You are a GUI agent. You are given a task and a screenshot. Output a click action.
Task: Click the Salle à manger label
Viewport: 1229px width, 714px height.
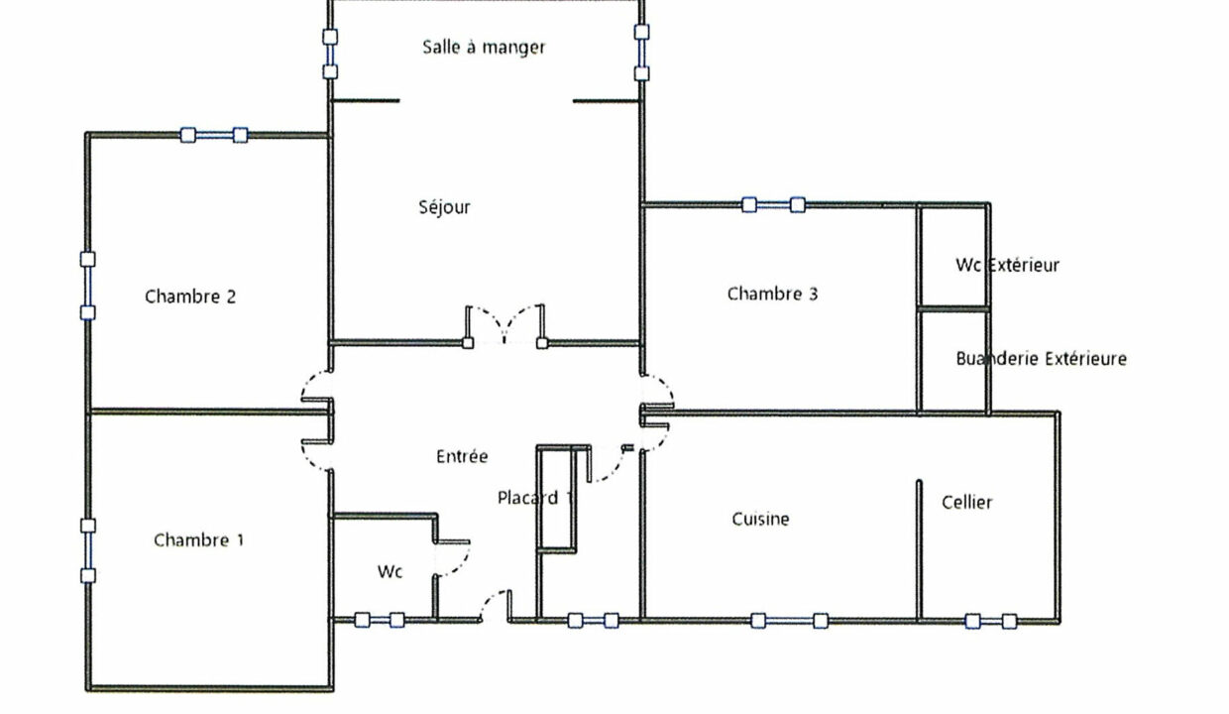[x=484, y=48]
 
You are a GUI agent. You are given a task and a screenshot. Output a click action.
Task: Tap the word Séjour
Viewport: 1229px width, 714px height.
[x=444, y=207]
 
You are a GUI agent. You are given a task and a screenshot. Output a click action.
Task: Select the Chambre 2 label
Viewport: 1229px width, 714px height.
[x=190, y=297]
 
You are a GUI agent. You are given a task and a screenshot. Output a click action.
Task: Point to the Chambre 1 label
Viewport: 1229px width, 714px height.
[x=198, y=540]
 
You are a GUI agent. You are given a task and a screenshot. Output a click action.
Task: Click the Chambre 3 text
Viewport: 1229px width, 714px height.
[x=772, y=294]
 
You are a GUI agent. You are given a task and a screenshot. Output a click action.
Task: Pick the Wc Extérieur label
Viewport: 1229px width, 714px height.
[x=1007, y=265]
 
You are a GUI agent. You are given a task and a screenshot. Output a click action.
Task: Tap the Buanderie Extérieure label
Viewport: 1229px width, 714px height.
[x=1042, y=358]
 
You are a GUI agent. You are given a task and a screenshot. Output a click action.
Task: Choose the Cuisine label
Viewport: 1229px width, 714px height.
[x=760, y=519]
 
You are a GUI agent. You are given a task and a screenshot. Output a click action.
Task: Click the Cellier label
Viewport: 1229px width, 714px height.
[x=966, y=502]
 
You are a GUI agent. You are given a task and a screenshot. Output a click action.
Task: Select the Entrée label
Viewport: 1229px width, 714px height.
[x=462, y=456]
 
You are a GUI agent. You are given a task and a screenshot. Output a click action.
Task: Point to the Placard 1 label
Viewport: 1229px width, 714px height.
[x=535, y=498]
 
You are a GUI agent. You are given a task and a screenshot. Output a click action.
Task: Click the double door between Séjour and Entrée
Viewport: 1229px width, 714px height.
[x=504, y=326]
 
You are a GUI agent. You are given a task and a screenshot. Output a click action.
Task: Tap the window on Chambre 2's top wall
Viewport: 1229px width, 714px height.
[x=214, y=135]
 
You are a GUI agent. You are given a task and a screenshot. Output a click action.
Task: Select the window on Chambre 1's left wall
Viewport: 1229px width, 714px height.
[x=88, y=550]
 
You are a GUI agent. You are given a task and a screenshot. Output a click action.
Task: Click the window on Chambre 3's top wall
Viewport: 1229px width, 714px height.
[x=773, y=205]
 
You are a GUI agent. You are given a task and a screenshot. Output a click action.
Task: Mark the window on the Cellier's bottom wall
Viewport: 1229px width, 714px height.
[x=991, y=621]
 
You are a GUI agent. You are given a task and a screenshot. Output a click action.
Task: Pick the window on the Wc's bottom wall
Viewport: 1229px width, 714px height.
[x=380, y=620]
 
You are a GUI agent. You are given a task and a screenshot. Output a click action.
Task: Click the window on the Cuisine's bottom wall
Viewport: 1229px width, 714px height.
[x=790, y=621]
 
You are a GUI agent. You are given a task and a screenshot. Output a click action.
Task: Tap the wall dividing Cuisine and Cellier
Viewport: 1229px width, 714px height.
[x=919, y=550]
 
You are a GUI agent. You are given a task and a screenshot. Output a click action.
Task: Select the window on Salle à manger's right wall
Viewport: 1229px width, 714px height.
[x=641, y=53]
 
